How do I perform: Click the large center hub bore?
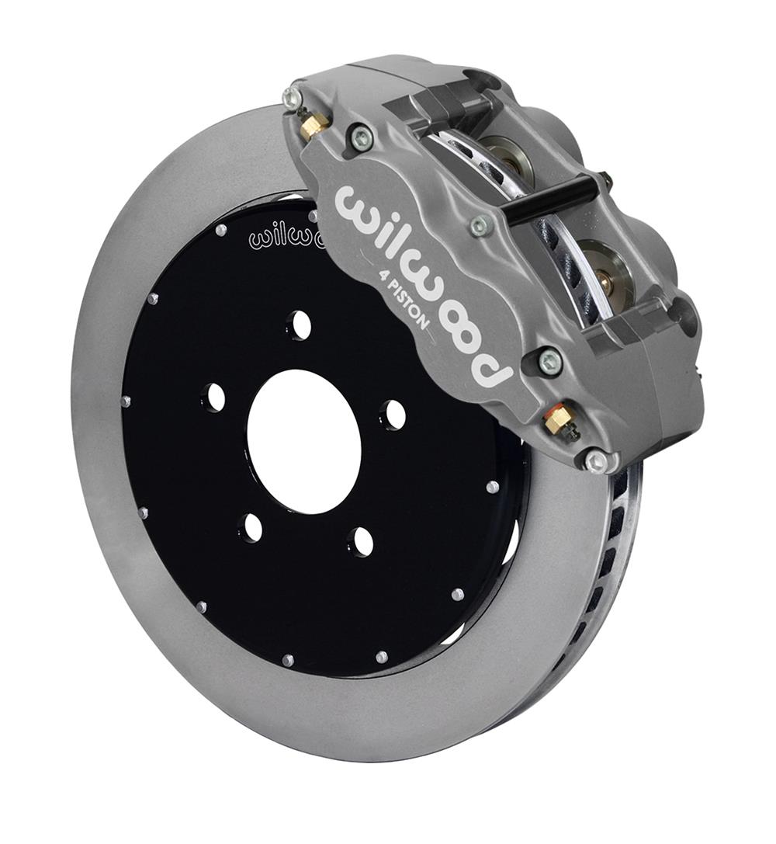click(304, 440)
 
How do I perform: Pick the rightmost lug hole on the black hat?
click(394, 414)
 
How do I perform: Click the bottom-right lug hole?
click(361, 540)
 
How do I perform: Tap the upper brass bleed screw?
click(314, 125)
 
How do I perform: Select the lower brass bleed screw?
click(558, 419)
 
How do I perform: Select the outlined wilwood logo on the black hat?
click(283, 235)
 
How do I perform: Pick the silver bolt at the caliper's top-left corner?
click(293, 97)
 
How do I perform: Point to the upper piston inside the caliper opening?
click(513, 159)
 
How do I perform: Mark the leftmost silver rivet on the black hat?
click(126, 401)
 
